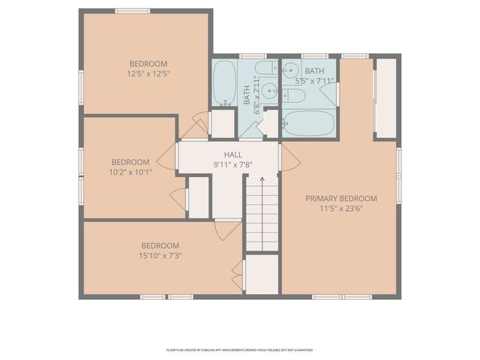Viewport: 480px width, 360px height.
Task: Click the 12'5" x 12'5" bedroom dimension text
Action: point(148,74)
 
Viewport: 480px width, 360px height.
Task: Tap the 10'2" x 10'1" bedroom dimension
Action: point(130,171)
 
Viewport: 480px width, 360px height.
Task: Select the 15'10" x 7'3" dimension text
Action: point(160,255)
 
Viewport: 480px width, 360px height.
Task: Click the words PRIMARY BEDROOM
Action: point(340,199)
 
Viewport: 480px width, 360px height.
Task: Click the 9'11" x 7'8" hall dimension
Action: point(232,164)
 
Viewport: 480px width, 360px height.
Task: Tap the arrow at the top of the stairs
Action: point(262,180)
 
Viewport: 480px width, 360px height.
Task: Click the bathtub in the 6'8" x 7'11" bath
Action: point(224,85)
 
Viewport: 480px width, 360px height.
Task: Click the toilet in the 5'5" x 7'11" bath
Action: point(294,96)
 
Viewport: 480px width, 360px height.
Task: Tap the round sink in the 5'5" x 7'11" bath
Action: point(291,71)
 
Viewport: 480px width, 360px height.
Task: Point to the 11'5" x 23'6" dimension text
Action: point(340,209)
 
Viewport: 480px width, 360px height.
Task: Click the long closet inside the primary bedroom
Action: point(385,97)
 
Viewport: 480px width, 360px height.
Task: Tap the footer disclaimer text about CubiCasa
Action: point(239,349)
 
